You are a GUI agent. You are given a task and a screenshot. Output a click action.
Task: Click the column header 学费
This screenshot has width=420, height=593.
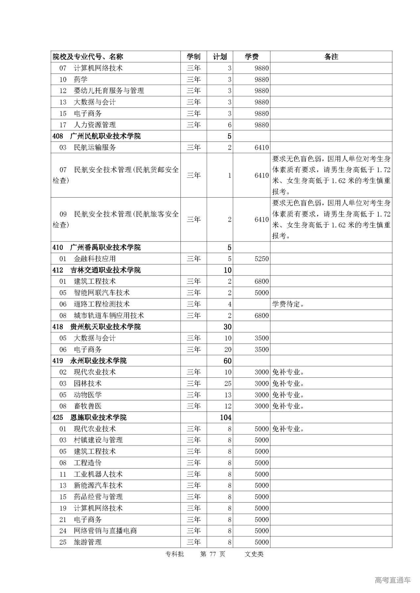pos(252,57)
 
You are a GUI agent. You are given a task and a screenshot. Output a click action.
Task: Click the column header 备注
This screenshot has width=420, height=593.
pos(331,57)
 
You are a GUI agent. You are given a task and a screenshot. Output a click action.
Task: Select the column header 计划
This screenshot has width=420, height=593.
pos(220,57)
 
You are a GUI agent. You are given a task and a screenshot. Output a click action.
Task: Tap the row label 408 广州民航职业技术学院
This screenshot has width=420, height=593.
pos(97,136)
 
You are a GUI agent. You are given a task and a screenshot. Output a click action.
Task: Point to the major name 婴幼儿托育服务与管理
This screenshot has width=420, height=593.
pos(109,91)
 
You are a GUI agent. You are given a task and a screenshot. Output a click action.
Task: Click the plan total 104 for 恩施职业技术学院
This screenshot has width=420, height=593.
pos(226,417)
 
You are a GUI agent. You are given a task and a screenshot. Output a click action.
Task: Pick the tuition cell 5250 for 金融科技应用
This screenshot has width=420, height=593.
pos(262,259)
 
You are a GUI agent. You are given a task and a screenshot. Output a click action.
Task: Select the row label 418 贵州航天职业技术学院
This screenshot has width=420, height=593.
pos(97,327)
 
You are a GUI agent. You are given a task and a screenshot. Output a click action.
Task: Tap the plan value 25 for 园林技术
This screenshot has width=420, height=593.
pos(228,383)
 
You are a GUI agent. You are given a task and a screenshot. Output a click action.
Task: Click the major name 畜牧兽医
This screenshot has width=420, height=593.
pos(88,406)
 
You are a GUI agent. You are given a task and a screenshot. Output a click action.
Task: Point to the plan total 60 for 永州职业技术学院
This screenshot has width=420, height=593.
pos(227,361)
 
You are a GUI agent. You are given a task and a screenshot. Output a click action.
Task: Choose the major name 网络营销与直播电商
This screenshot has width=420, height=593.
pos(105,531)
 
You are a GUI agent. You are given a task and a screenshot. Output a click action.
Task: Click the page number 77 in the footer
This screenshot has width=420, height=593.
pos(213,554)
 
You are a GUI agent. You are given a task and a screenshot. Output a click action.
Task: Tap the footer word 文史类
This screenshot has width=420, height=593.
pos(254,554)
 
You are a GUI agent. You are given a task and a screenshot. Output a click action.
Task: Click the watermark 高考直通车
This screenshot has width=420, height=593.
pos(392,580)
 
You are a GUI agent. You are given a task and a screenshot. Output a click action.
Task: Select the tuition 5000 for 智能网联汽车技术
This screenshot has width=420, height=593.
pos(262,293)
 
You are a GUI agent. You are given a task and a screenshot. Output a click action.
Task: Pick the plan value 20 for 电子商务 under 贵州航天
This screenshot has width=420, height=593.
pos(228,350)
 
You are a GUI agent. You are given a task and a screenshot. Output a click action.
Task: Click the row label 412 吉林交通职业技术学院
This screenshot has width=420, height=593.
pos(97,270)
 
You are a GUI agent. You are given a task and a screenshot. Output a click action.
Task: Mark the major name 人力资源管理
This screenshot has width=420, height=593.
pos(95,125)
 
